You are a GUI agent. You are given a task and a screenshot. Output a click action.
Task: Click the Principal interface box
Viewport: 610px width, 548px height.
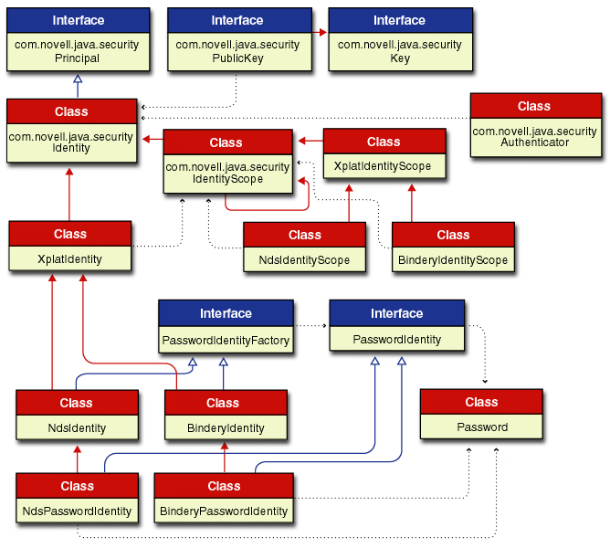pyautogui.click(x=77, y=40)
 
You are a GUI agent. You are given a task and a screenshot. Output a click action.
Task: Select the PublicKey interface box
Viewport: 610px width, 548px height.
pyautogui.click(x=237, y=40)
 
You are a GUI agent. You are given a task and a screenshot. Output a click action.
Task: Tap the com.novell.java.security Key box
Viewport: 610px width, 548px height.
pyautogui.click(x=400, y=40)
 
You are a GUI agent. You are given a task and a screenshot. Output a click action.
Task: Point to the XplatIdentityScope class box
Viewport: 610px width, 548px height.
pyautogui.click(x=384, y=154)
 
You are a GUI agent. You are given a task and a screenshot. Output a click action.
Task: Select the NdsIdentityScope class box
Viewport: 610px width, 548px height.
pyautogui.click(x=304, y=248)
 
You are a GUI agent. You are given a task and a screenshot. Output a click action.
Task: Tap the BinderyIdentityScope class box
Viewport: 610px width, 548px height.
pyautogui.click(x=453, y=248)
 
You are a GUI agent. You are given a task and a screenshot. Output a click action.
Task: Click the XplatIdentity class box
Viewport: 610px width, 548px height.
pyautogui.click(x=70, y=247)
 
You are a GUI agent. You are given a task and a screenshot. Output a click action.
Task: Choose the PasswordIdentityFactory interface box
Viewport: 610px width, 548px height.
pyautogui.click(x=226, y=327)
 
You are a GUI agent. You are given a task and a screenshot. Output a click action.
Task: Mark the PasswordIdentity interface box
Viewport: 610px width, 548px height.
pyautogui.click(x=396, y=327)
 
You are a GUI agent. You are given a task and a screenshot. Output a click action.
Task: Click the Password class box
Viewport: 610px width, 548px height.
pyautogui.click(x=481, y=415)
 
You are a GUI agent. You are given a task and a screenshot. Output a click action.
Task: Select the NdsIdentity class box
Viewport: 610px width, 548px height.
pyautogui.click(x=76, y=415)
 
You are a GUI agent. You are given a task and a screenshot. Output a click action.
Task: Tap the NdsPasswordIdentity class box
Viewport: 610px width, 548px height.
pyautogui.click(x=77, y=499)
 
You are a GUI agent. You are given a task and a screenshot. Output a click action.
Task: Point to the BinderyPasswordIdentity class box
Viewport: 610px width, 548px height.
pyautogui.click(x=224, y=499)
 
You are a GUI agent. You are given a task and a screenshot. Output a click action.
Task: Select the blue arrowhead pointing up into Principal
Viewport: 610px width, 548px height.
pyautogui.click(x=78, y=79)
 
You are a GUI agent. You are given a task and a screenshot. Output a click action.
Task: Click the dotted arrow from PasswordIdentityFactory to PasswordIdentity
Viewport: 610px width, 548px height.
pyautogui.click(x=310, y=325)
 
